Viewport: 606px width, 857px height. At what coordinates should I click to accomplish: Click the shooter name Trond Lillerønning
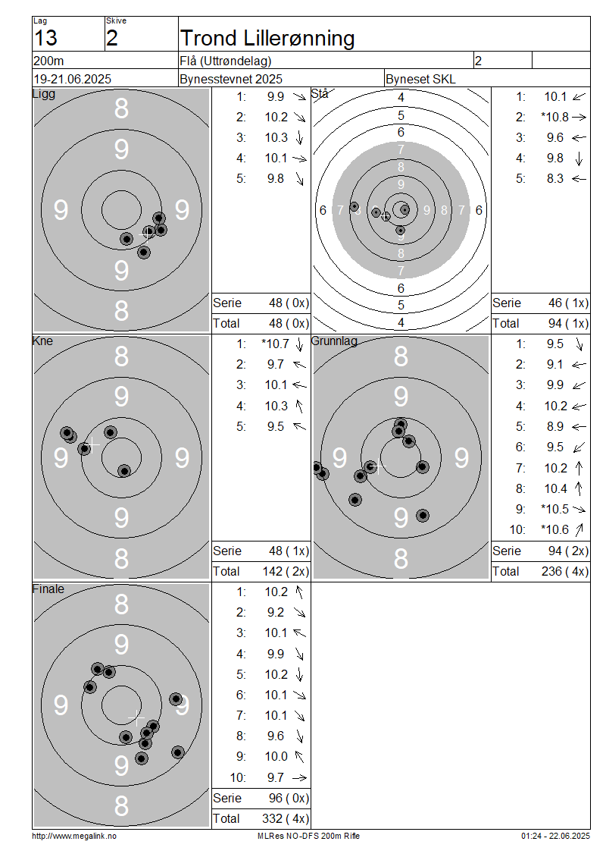pyautogui.click(x=267, y=38)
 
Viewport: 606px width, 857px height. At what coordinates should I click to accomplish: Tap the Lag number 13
pyautogui.click(x=45, y=38)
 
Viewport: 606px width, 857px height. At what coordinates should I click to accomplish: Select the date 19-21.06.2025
pyautogui.click(x=72, y=79)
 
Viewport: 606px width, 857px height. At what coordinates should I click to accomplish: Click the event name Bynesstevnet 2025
pyautogui.click(x=231, y=79)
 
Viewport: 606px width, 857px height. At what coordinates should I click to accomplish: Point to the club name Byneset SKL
pyautogui.click(x=420, y=79)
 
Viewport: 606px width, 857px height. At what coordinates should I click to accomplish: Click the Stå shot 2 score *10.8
pyautogui.click(x=554, y=117)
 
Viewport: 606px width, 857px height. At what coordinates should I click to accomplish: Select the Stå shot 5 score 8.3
pyautogui.click(x=554, y=179)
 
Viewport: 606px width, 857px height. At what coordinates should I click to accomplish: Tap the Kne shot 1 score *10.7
pyautogui.click(x=275, y=344)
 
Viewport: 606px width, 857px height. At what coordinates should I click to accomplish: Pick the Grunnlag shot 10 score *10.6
pyautogui.click(x=554, y=529)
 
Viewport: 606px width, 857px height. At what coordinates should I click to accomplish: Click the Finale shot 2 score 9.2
pyautogui.click(x=276, y=613)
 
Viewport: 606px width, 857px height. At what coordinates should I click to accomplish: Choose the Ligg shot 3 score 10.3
pyautogui.click(x=276, y=138)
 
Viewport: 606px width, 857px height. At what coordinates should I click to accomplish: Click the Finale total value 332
pyautogui.click(x=272, y=819)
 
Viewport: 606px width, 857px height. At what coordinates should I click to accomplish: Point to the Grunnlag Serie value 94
pyautogui.click(x=555, y=551)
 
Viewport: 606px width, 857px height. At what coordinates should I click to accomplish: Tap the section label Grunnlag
pyautogui.click(x=334, y=341)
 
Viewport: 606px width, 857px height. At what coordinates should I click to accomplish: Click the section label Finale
pyautogui.click(x=48, y=589)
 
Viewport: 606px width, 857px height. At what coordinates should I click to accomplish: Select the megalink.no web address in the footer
pyautogui.click(x=74, y=836)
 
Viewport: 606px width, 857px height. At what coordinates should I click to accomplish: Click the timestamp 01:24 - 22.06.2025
pyautogui.click(x=555, y=836)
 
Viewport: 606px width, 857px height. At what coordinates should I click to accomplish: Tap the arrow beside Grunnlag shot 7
pyautogui.click(x=579, y=468)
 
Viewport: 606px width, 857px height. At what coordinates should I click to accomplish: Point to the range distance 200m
pyautogui.click(x=48, y=61)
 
